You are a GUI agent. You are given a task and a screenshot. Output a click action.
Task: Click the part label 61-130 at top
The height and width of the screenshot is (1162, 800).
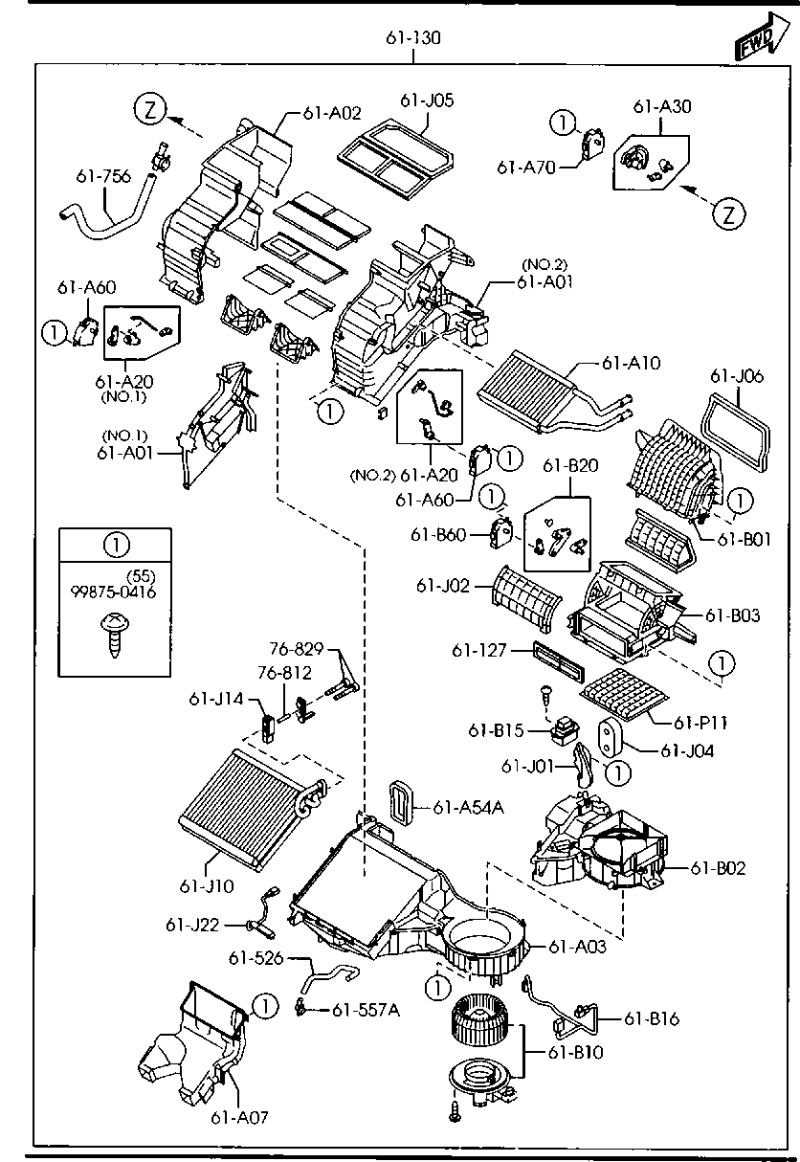(x=413, y=39)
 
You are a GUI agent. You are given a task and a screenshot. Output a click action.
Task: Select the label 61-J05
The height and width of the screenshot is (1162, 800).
(x=427, y=101)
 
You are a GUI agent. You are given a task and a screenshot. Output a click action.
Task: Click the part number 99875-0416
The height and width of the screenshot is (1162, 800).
(x=114, y=592)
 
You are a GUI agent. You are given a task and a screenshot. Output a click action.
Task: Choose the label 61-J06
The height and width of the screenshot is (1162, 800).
(x=737, y=377)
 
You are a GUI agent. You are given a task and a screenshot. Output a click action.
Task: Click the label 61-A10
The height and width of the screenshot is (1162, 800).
(x=632, y=364)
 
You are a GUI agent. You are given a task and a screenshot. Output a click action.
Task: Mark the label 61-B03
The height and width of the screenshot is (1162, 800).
(x=733, y=615)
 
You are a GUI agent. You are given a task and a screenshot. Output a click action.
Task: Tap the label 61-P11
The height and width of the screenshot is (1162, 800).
(x=700, y=723)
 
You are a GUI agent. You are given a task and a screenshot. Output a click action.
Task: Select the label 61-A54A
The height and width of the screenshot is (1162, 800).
(x=468, y=808)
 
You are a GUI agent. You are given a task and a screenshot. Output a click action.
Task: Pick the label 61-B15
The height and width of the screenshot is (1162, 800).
(x=496, y=730)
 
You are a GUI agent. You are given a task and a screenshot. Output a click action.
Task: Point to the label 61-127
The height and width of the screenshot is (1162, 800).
(x=478, y=651)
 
